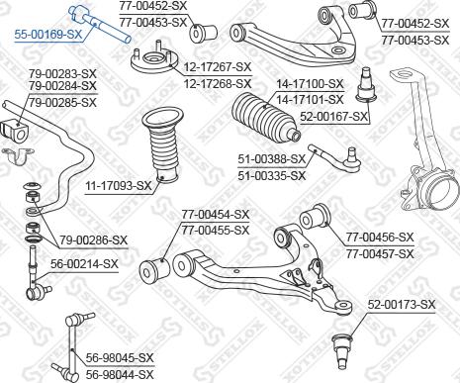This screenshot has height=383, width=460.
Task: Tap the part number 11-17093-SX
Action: point(118,185)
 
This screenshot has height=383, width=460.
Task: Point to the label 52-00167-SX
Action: point(334,116)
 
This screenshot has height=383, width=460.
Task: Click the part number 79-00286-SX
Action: point(93,239)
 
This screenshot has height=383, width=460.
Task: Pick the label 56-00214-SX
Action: point(83,264)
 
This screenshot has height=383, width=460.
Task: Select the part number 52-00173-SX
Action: point(402,304)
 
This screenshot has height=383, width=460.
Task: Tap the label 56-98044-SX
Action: point(119,374)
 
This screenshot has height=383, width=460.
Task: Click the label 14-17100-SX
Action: point(310,85)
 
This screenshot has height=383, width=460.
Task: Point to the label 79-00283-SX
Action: point(61,74)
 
